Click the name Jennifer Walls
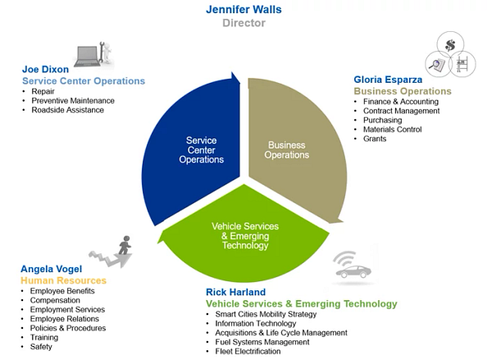coord(244,10)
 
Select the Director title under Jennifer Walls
coord(244,23)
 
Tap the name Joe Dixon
coord(47,70)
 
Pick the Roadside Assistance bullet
coord(67,110)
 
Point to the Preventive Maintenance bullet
coord(72,100)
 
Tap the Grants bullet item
coord(375,139)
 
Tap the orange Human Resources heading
coord(63,280)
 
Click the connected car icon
coord(353,267)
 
